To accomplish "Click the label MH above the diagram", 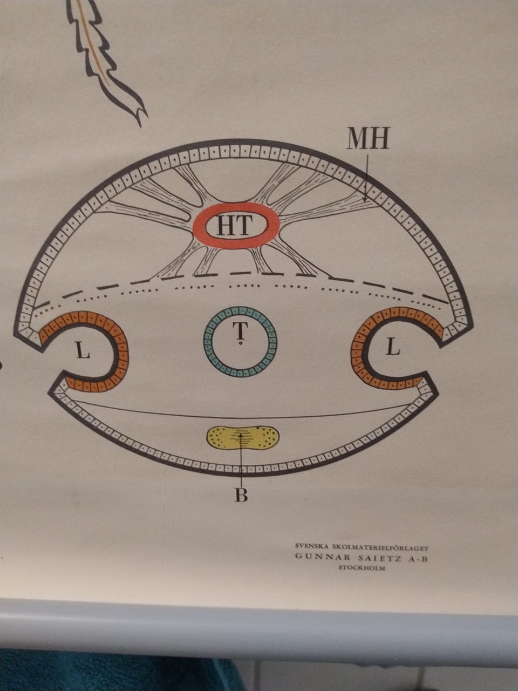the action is click(368, 138).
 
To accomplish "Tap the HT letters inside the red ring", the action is click(235, 226).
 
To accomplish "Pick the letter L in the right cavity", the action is click(393, 348).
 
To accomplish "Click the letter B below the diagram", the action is click(241, 495).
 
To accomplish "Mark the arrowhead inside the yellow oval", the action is click(241, 435).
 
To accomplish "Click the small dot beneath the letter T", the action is click(240, 344).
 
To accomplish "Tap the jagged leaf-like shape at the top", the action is click(104, 60).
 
